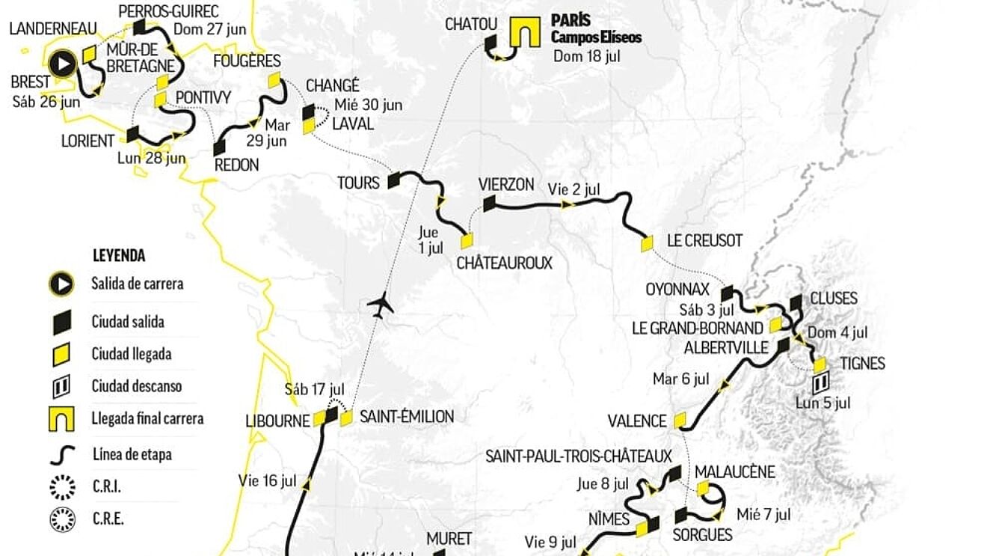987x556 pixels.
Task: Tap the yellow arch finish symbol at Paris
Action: pos(525,33)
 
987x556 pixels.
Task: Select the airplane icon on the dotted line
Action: pos(381,306)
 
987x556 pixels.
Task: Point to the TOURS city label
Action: pos(358,183)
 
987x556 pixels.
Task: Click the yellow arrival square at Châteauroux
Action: pos(467,241)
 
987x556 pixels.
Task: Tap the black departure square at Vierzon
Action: pos(490,203)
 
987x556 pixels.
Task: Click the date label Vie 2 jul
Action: pos(574,189)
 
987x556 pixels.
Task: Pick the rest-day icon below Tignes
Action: pos(820,385)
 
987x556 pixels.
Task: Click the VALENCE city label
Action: pos(636,421)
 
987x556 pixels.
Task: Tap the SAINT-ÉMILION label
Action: pos(406,417)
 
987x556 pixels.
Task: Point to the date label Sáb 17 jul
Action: pos(314,390)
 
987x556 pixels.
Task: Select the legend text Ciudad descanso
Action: pos(137,387)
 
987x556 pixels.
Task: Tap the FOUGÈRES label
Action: pos(246,61)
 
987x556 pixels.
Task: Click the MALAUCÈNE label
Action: pos(734,472)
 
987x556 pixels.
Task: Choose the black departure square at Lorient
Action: pos(133,134)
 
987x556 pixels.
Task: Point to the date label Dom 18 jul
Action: pos(587,56)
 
